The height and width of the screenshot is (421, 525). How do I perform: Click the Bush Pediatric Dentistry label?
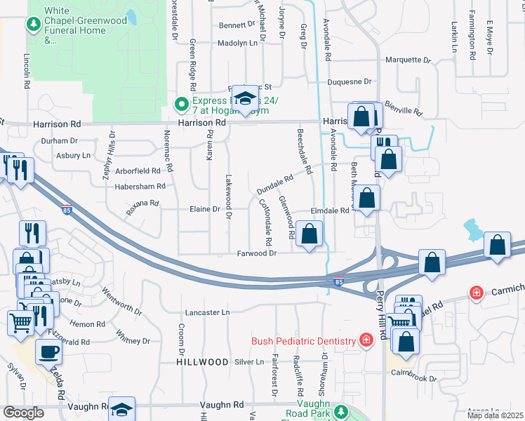coord(304,341)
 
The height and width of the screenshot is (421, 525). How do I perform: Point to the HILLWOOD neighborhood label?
coord(203,362)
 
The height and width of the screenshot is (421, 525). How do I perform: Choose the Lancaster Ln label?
coord(207,312)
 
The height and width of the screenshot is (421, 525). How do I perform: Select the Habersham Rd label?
coord(141,186)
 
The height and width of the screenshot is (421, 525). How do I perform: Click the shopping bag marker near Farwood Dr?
coord(310,234)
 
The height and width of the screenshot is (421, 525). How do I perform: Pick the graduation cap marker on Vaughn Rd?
coord(122,410)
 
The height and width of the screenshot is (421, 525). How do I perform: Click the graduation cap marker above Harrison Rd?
coord(245,100)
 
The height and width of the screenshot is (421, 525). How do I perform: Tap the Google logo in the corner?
coord(23,413)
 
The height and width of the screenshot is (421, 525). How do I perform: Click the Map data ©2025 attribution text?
coord(495,415)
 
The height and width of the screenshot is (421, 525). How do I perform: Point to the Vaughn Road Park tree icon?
coord(341,412)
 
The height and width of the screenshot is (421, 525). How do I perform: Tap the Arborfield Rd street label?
coord(138,171)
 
